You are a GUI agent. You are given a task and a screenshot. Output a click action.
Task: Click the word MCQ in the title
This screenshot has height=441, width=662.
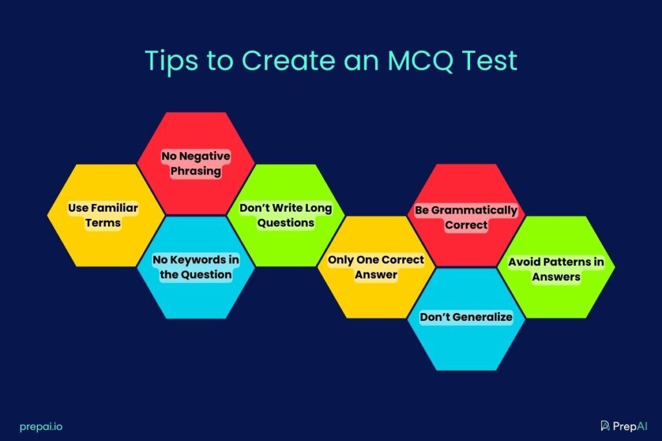point(420,60)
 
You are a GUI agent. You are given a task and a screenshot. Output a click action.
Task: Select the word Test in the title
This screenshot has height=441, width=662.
point(490,60)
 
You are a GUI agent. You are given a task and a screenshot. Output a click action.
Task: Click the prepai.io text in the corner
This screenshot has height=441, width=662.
point(41,427)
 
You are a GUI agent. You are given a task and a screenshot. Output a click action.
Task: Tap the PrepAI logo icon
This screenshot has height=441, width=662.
point(605,426)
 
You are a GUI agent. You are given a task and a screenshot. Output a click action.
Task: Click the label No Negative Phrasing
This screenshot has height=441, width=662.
point(196,163)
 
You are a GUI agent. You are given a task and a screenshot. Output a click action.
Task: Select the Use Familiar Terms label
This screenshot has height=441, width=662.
point(103,216)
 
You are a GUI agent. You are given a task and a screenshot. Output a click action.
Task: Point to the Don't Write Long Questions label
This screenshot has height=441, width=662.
point(286,216)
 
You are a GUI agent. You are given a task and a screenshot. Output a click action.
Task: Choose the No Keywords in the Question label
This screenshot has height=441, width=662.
point(196,267)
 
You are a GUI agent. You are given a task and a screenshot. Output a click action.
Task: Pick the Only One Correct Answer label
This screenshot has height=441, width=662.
point(376,267)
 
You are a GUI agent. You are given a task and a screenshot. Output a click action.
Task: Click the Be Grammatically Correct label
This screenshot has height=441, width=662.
point(466,218)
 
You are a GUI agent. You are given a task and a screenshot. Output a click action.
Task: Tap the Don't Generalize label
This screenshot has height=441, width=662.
point(466,317)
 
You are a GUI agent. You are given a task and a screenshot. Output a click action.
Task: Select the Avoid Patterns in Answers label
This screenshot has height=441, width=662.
point(556,269)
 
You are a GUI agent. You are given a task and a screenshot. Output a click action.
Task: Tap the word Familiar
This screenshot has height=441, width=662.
point(114,208)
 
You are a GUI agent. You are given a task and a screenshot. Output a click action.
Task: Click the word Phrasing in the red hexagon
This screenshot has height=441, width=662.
point(196,171)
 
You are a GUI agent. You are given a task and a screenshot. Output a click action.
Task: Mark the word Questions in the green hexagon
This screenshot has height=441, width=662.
point(286,223)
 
